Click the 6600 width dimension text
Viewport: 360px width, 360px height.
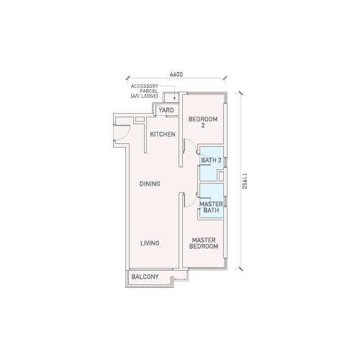pyautogui.click(x=176, y=74)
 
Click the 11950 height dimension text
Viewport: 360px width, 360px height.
pyautogui.click(x=244, y=181)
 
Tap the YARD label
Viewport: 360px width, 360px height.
pyautogui.click(x=166, y=110)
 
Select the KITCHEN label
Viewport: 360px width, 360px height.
pyautogui.click(x=163, y=134)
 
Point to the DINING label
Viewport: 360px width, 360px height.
pyautogui.click(x=150, y=184)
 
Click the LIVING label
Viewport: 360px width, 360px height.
pyautogui.click(x=150, y=243)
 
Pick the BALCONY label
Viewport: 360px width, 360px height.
pyautogui.click(x=145, y=276)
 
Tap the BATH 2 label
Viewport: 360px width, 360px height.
pyautogui.click(x=211, y=160)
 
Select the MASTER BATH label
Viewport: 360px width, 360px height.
pyautogui.click(x=211, y=207)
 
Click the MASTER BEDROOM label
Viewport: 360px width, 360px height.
pyautogui.click(x=204, y=243)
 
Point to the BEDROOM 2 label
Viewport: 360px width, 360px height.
pyautogui.click(x=203, y=122)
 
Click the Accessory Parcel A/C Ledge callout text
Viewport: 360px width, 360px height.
pyautogui.click(x=145, y=91)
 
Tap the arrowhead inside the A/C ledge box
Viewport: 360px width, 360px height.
pyautogui.click(x=175, y=98)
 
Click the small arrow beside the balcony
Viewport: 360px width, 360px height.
pyautogui.click(x=180, y=279)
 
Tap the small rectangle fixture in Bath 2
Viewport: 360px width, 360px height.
pyautogui.click(x=221, y=176)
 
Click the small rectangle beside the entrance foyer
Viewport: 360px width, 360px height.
pyautogui.click(x=140, y=120)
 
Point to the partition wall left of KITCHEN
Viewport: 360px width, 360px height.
pyautogui.click(x=145, y=135)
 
